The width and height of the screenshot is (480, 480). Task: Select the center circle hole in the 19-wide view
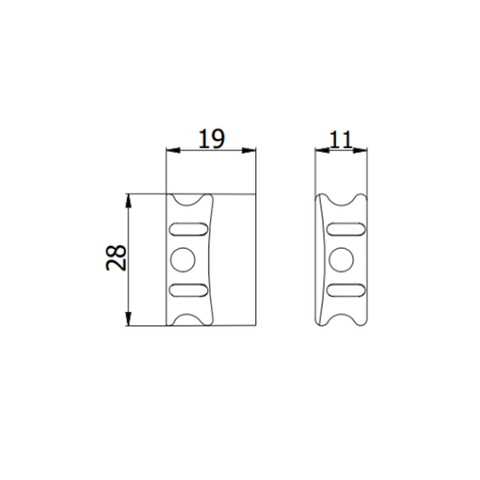[x=183, y=258]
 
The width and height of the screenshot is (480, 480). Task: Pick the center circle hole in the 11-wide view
[x=342, y=258]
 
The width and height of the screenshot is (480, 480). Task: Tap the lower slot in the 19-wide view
[x=189, y=288]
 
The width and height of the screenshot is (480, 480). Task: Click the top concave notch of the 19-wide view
[x=190, y=199]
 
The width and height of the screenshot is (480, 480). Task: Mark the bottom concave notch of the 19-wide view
[x=190, y=319]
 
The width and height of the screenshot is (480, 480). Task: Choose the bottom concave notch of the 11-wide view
[x=343, y=319]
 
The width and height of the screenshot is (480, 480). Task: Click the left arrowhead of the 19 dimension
[x=170, y=150]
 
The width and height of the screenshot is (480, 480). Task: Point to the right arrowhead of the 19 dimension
[x=251, y=150]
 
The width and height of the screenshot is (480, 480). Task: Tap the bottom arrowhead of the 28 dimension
[x=129, y=321]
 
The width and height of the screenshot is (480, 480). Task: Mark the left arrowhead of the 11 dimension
[x=319, y=150]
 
